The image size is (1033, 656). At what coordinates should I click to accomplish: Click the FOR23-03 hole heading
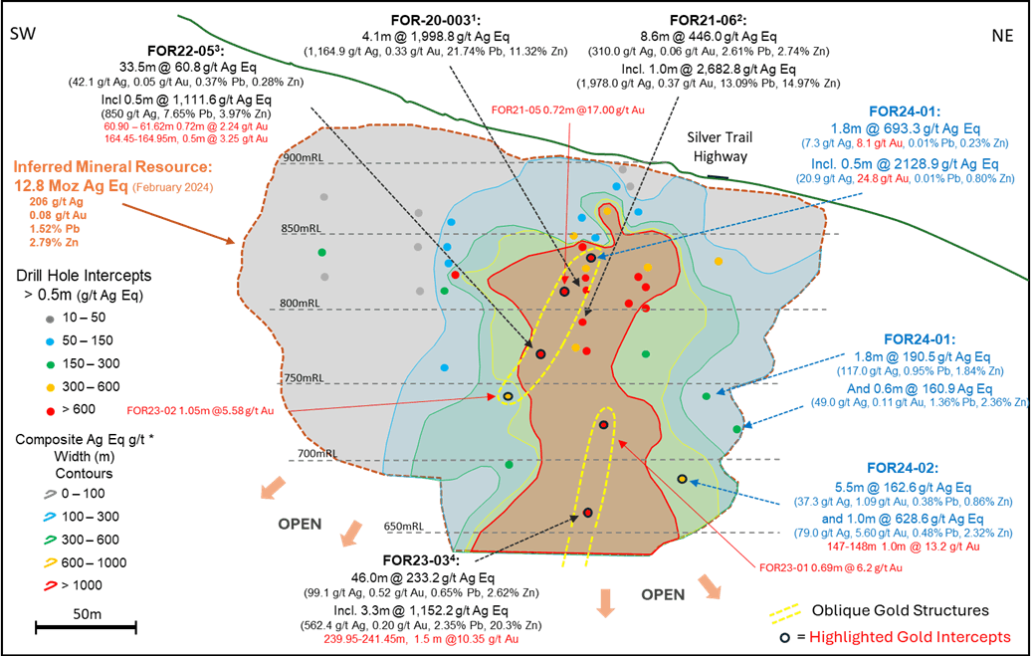tap(419, 562)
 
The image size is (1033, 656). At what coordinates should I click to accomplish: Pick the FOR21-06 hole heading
tap(708, 20)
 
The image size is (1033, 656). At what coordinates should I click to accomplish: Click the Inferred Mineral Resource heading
tap(113, 166)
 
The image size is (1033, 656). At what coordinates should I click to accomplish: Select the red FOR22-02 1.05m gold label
tap(193, 409)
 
